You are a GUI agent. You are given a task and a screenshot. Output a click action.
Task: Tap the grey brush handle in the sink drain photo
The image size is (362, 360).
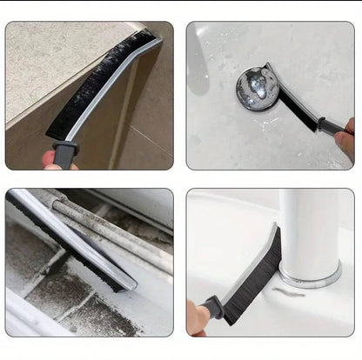[331, 126]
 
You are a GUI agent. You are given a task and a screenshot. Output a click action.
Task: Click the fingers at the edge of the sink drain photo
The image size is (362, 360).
[346, 139]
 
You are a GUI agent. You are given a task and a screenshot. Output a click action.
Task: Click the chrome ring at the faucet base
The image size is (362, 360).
[309, 278]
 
